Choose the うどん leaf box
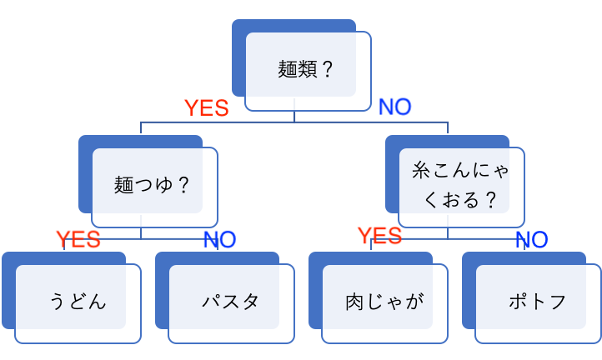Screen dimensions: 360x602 [78, 301]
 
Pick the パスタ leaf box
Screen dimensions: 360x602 [230, 301]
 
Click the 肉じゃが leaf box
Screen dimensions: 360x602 [384, 301]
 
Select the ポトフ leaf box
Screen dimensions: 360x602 [537, 301]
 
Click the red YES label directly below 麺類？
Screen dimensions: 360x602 [206, 107]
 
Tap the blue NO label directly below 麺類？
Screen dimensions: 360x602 [395, 107]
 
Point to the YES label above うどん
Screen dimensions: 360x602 [78, 239]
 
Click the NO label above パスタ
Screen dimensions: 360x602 [219, 239]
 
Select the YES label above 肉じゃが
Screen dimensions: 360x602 [379, 236]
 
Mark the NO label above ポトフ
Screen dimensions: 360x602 [531, 240]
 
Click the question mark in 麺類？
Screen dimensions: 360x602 [327, 69]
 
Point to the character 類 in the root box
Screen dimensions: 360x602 [308, 69]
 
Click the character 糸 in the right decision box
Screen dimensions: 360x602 [422, 171]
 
